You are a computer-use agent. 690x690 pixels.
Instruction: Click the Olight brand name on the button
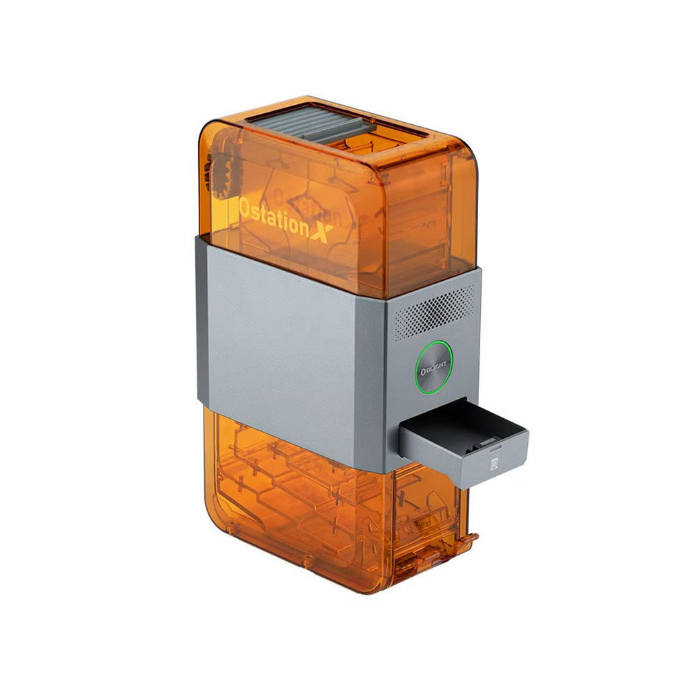point(434,367)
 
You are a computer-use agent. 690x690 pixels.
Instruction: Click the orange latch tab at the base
point(469,538)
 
